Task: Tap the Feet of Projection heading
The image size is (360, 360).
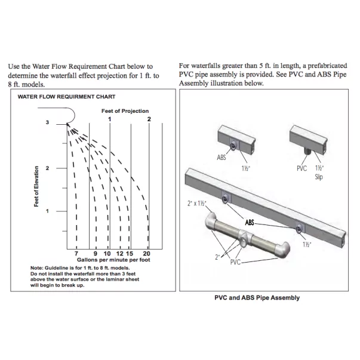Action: click(x=125, y=111)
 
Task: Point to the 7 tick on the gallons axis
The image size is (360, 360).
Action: click(x=76, y=254)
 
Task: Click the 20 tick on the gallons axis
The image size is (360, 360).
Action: click(x=147, y=254)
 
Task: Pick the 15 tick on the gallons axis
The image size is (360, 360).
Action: click(x=129, y=254)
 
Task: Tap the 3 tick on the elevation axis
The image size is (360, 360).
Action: click(x=47, y=122)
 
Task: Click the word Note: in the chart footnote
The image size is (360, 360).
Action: click(x=37, y=267)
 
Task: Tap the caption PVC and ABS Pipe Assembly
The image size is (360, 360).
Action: click(x=257, y=297)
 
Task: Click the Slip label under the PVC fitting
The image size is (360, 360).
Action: click(x=318, y=177)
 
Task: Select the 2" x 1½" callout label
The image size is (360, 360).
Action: click(x=196, y=204)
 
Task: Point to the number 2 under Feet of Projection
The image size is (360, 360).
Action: click(x=149, y=119)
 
